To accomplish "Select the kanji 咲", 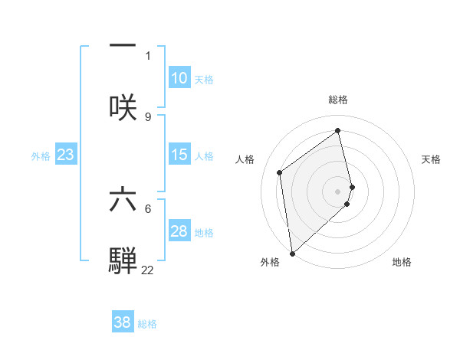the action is pyautogui.click(x=123, y=106).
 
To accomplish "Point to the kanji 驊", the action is pyautogui.click(x=123, y=260).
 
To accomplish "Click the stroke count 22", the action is pyautogui.click(x=147, y=270).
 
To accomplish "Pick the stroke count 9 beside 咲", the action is pyautogui.click(x=148, y=116).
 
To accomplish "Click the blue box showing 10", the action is pyautogui.click(x=179, y=78).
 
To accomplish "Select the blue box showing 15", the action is pyautogui.click(x=179, y=155).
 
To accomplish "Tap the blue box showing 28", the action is pyautogui.click(x=179, y=231).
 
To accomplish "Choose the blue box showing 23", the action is pyautogui.click(x=65, y=155).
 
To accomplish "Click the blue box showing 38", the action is pyautogui.click(x=122, y=322).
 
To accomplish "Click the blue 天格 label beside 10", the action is pyautogui.click(x=204, y=79).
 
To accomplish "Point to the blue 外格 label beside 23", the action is pyautogui.click(x=41, y=155).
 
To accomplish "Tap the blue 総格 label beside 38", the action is pyautogui.click(x=147, y=323).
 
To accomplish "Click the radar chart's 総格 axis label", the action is pyautogui.click(x=338, y=100).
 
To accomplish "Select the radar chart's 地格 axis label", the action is pyautogui.click(x=402, y=262).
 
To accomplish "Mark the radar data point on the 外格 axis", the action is pyautogui.click(x=291, y=253).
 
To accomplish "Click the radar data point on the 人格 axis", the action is pyautogui.click(x=280, y=172).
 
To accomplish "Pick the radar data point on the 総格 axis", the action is pyautogui.click(x=338, y=130).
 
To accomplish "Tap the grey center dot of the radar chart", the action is pyautogui.click(x=338, y=191).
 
